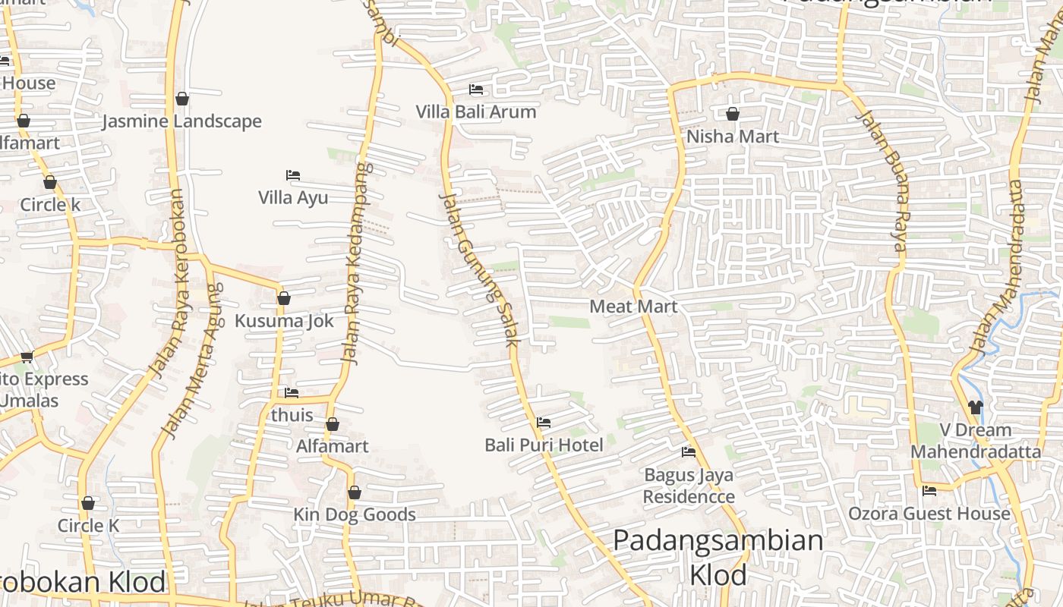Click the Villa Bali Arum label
click(475, 112)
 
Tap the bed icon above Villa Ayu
click(293, 175)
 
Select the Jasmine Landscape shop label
click(181, 121)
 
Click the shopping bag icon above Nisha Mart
click(733, 115)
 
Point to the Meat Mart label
click(633, 307)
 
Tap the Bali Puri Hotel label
click(544, 445)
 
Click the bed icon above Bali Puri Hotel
click(544, 423)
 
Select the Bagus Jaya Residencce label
click(689, 486)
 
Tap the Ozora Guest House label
click(929, 514)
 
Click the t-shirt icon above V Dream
click(976, 407)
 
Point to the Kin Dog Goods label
click(355, 514)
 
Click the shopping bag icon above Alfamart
click(333, 424)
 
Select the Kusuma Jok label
click(284, 321)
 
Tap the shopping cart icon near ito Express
click(27, 357)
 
